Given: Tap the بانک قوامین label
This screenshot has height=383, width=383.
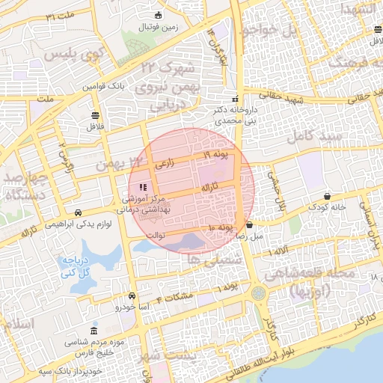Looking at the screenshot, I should click(x=102, y=87).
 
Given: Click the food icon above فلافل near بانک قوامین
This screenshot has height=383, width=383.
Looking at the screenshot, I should click(x=95, y=115).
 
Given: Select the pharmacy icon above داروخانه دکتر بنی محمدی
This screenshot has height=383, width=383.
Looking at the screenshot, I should click(x=236, y=99).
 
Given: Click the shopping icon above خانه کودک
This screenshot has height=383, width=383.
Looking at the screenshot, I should click(x=327, y=196).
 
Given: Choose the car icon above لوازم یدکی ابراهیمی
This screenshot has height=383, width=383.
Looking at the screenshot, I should click(x=79, y=212).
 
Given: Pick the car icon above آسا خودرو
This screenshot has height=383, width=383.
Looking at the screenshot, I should click(x=132, y=295).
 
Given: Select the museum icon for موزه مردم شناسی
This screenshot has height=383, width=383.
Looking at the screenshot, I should click(x=94, y=331).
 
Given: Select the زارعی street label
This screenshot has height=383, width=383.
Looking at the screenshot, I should click(x=165, y=162).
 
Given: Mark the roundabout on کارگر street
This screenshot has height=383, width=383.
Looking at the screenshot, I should click(x=259, y=292).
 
